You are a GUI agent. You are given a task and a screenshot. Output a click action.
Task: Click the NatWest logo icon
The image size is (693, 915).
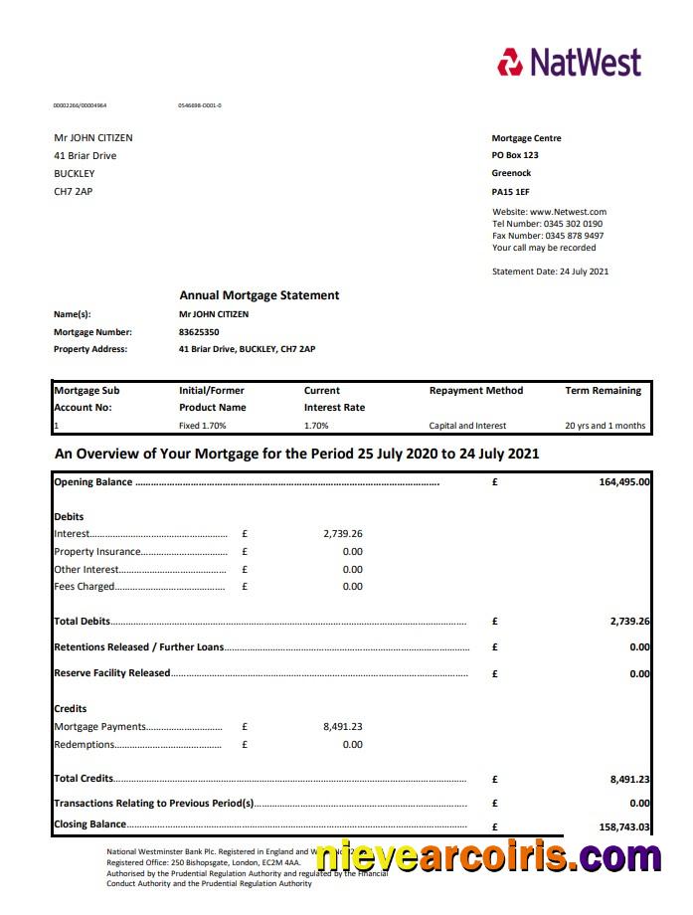click(x=510, y=62)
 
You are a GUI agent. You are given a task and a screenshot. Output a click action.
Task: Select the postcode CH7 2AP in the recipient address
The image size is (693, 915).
click(x=73, y=191)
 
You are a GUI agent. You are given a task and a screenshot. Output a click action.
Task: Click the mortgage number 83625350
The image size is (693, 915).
click(x=199, y=332)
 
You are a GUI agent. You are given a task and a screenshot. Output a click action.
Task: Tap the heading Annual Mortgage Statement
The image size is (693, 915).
click(x=259, y=295)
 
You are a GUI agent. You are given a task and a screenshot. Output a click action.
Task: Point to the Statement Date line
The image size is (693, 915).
click(x=550, y=272)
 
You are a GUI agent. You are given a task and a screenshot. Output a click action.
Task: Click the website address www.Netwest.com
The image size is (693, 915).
click(x=568, y=212)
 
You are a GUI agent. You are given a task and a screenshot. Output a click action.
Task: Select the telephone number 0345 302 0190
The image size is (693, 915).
click(x=573, y=224)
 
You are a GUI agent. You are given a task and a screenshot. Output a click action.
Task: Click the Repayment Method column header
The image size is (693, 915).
click(x=475, y=391)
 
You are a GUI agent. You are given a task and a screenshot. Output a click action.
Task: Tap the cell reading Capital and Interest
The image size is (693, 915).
click(x=467, y=426)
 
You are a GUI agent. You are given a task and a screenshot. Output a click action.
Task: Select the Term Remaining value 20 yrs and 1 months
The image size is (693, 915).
click(x=605, y=426)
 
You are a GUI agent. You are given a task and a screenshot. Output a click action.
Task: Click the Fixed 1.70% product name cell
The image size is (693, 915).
click(x=202, y=426)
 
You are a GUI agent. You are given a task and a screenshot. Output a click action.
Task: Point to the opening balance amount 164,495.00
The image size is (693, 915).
click(x=624, y=482)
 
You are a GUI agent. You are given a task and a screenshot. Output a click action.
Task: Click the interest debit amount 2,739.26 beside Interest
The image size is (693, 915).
click(x=343, y=534)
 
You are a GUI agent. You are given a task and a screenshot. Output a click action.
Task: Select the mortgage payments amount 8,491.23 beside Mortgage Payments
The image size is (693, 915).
click(x=343, y=727)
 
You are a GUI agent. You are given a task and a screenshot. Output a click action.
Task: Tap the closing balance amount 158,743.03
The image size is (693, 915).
click(x=624, y=826)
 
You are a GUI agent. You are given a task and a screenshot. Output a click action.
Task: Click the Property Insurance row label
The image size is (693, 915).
click(x=97, y=552)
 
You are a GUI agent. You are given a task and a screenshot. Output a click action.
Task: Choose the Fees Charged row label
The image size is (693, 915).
click(x=85, y=587)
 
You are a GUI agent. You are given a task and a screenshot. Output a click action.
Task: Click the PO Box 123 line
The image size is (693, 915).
click(x=515, y=156)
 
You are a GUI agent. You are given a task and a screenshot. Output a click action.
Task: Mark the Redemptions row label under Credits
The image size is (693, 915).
click(x=85, y=745)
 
